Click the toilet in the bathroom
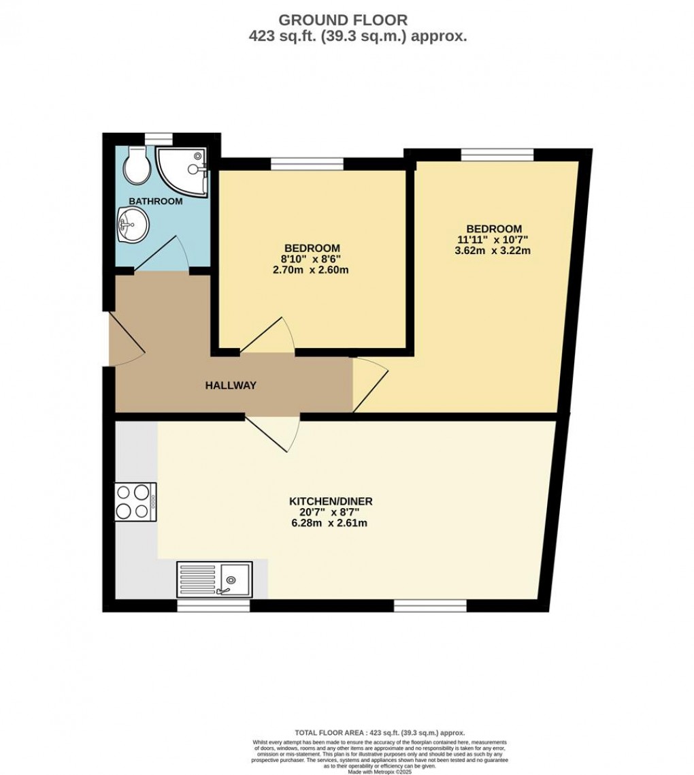137,165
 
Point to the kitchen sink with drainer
214,579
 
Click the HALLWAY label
231,385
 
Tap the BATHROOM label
156,201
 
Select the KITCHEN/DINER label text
331,501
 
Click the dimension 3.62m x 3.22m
494,251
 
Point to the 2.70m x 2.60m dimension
312,270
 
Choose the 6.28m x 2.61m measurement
331,523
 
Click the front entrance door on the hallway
127,338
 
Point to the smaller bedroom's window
307,163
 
